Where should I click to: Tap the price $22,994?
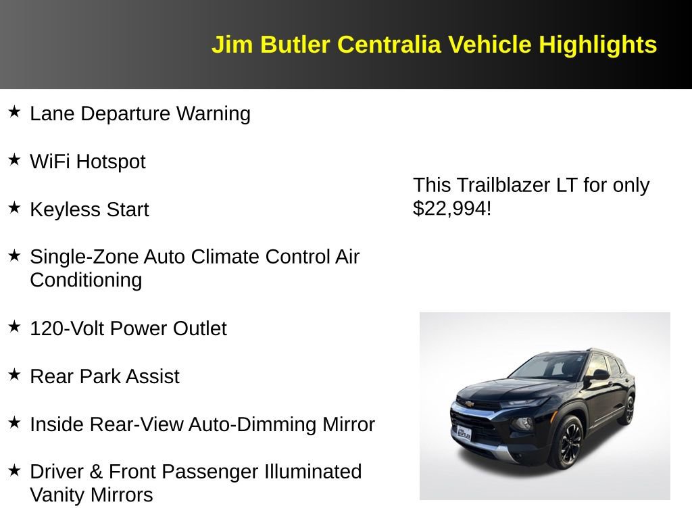click(x=452, y=208)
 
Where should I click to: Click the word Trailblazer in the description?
click(x=503, y=185)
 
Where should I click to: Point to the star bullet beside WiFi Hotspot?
click(x=14, y=160)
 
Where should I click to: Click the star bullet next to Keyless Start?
click(x=14, y=208)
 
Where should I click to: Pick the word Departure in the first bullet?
click(x=126, y=114)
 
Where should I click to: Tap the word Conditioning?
click(x=86, y=280)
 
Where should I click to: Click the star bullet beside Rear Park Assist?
click(x=14, y=375)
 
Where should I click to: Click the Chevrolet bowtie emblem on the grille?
click(x=467, y=403)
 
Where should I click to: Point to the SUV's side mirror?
click(x=599, y=374)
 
